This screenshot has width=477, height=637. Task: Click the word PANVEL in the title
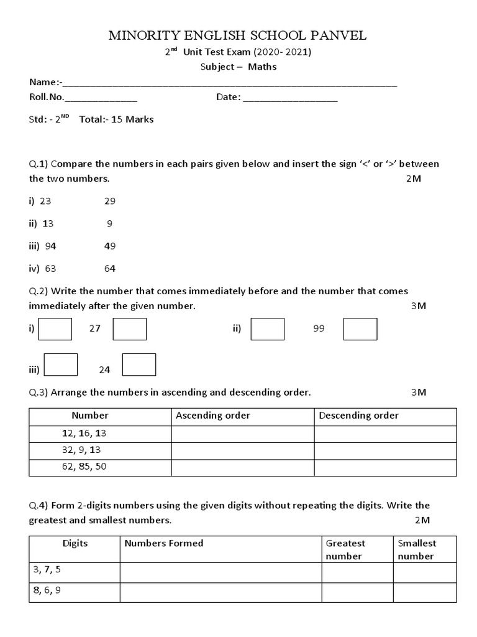336,35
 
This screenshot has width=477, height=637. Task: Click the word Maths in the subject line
262,67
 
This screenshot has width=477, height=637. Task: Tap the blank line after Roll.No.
101,98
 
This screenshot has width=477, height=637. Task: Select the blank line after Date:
289,98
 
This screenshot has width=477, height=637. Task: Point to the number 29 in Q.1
109,201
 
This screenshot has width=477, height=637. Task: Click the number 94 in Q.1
50,246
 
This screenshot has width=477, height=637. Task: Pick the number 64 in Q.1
109,269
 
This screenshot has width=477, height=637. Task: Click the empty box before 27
55,329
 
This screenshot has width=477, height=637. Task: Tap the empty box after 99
360,329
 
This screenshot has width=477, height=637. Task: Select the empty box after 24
139,365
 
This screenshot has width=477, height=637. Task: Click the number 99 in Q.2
319,329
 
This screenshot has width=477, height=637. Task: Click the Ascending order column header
213,416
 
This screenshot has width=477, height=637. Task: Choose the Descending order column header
358,416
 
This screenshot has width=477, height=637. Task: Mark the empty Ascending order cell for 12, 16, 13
243,433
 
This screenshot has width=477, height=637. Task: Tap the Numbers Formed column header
164,543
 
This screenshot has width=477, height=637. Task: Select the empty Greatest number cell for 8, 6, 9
357,592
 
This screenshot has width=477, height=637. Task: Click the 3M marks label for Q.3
419,393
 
